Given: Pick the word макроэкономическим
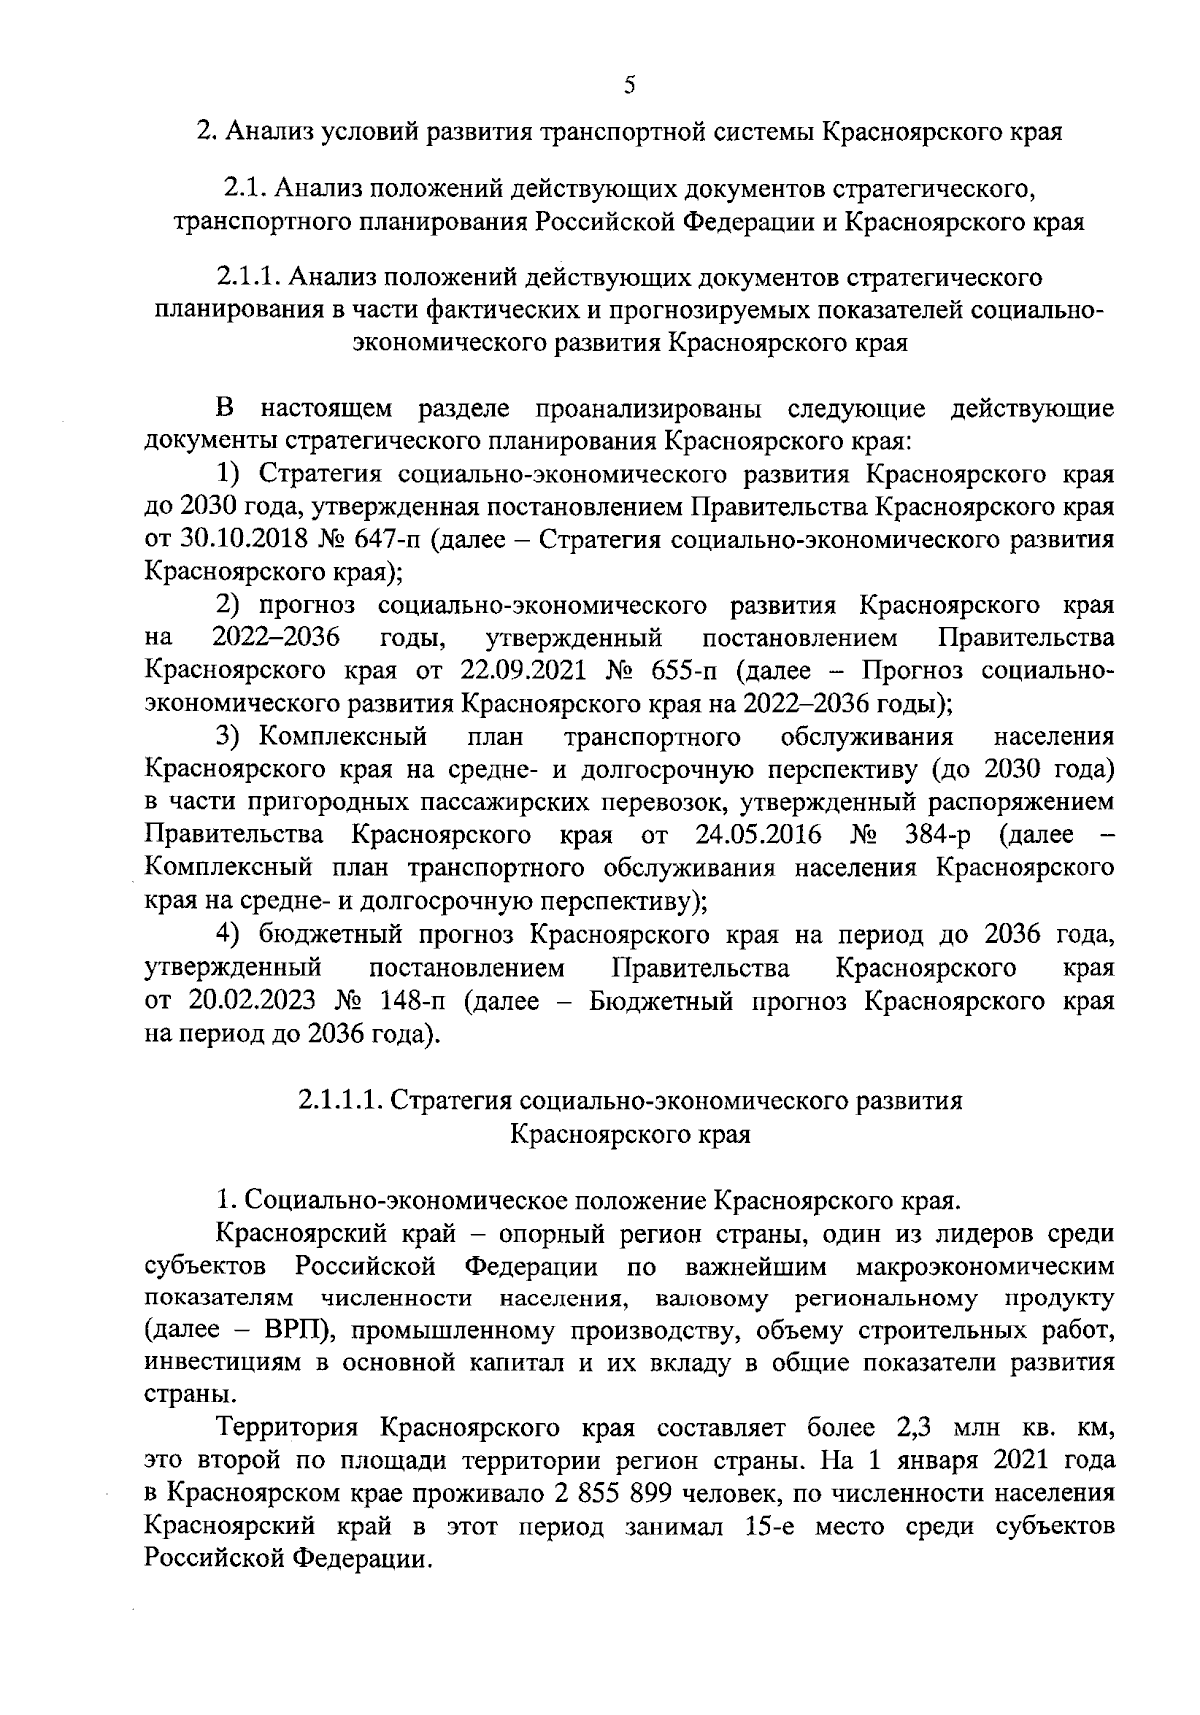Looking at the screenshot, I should point(985,1266).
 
